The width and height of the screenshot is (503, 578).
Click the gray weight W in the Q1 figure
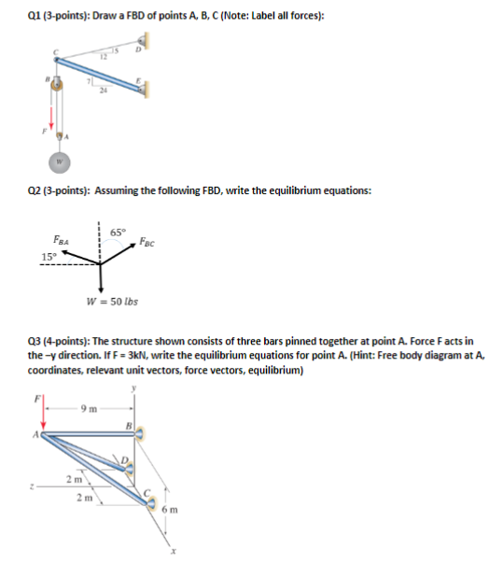pyautogui.click(x=62, y=158)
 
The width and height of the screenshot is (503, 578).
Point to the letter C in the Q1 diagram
pyautogui.click(x=54, y=51)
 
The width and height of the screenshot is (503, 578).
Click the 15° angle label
pyautogui.click(x=48, y=256)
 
